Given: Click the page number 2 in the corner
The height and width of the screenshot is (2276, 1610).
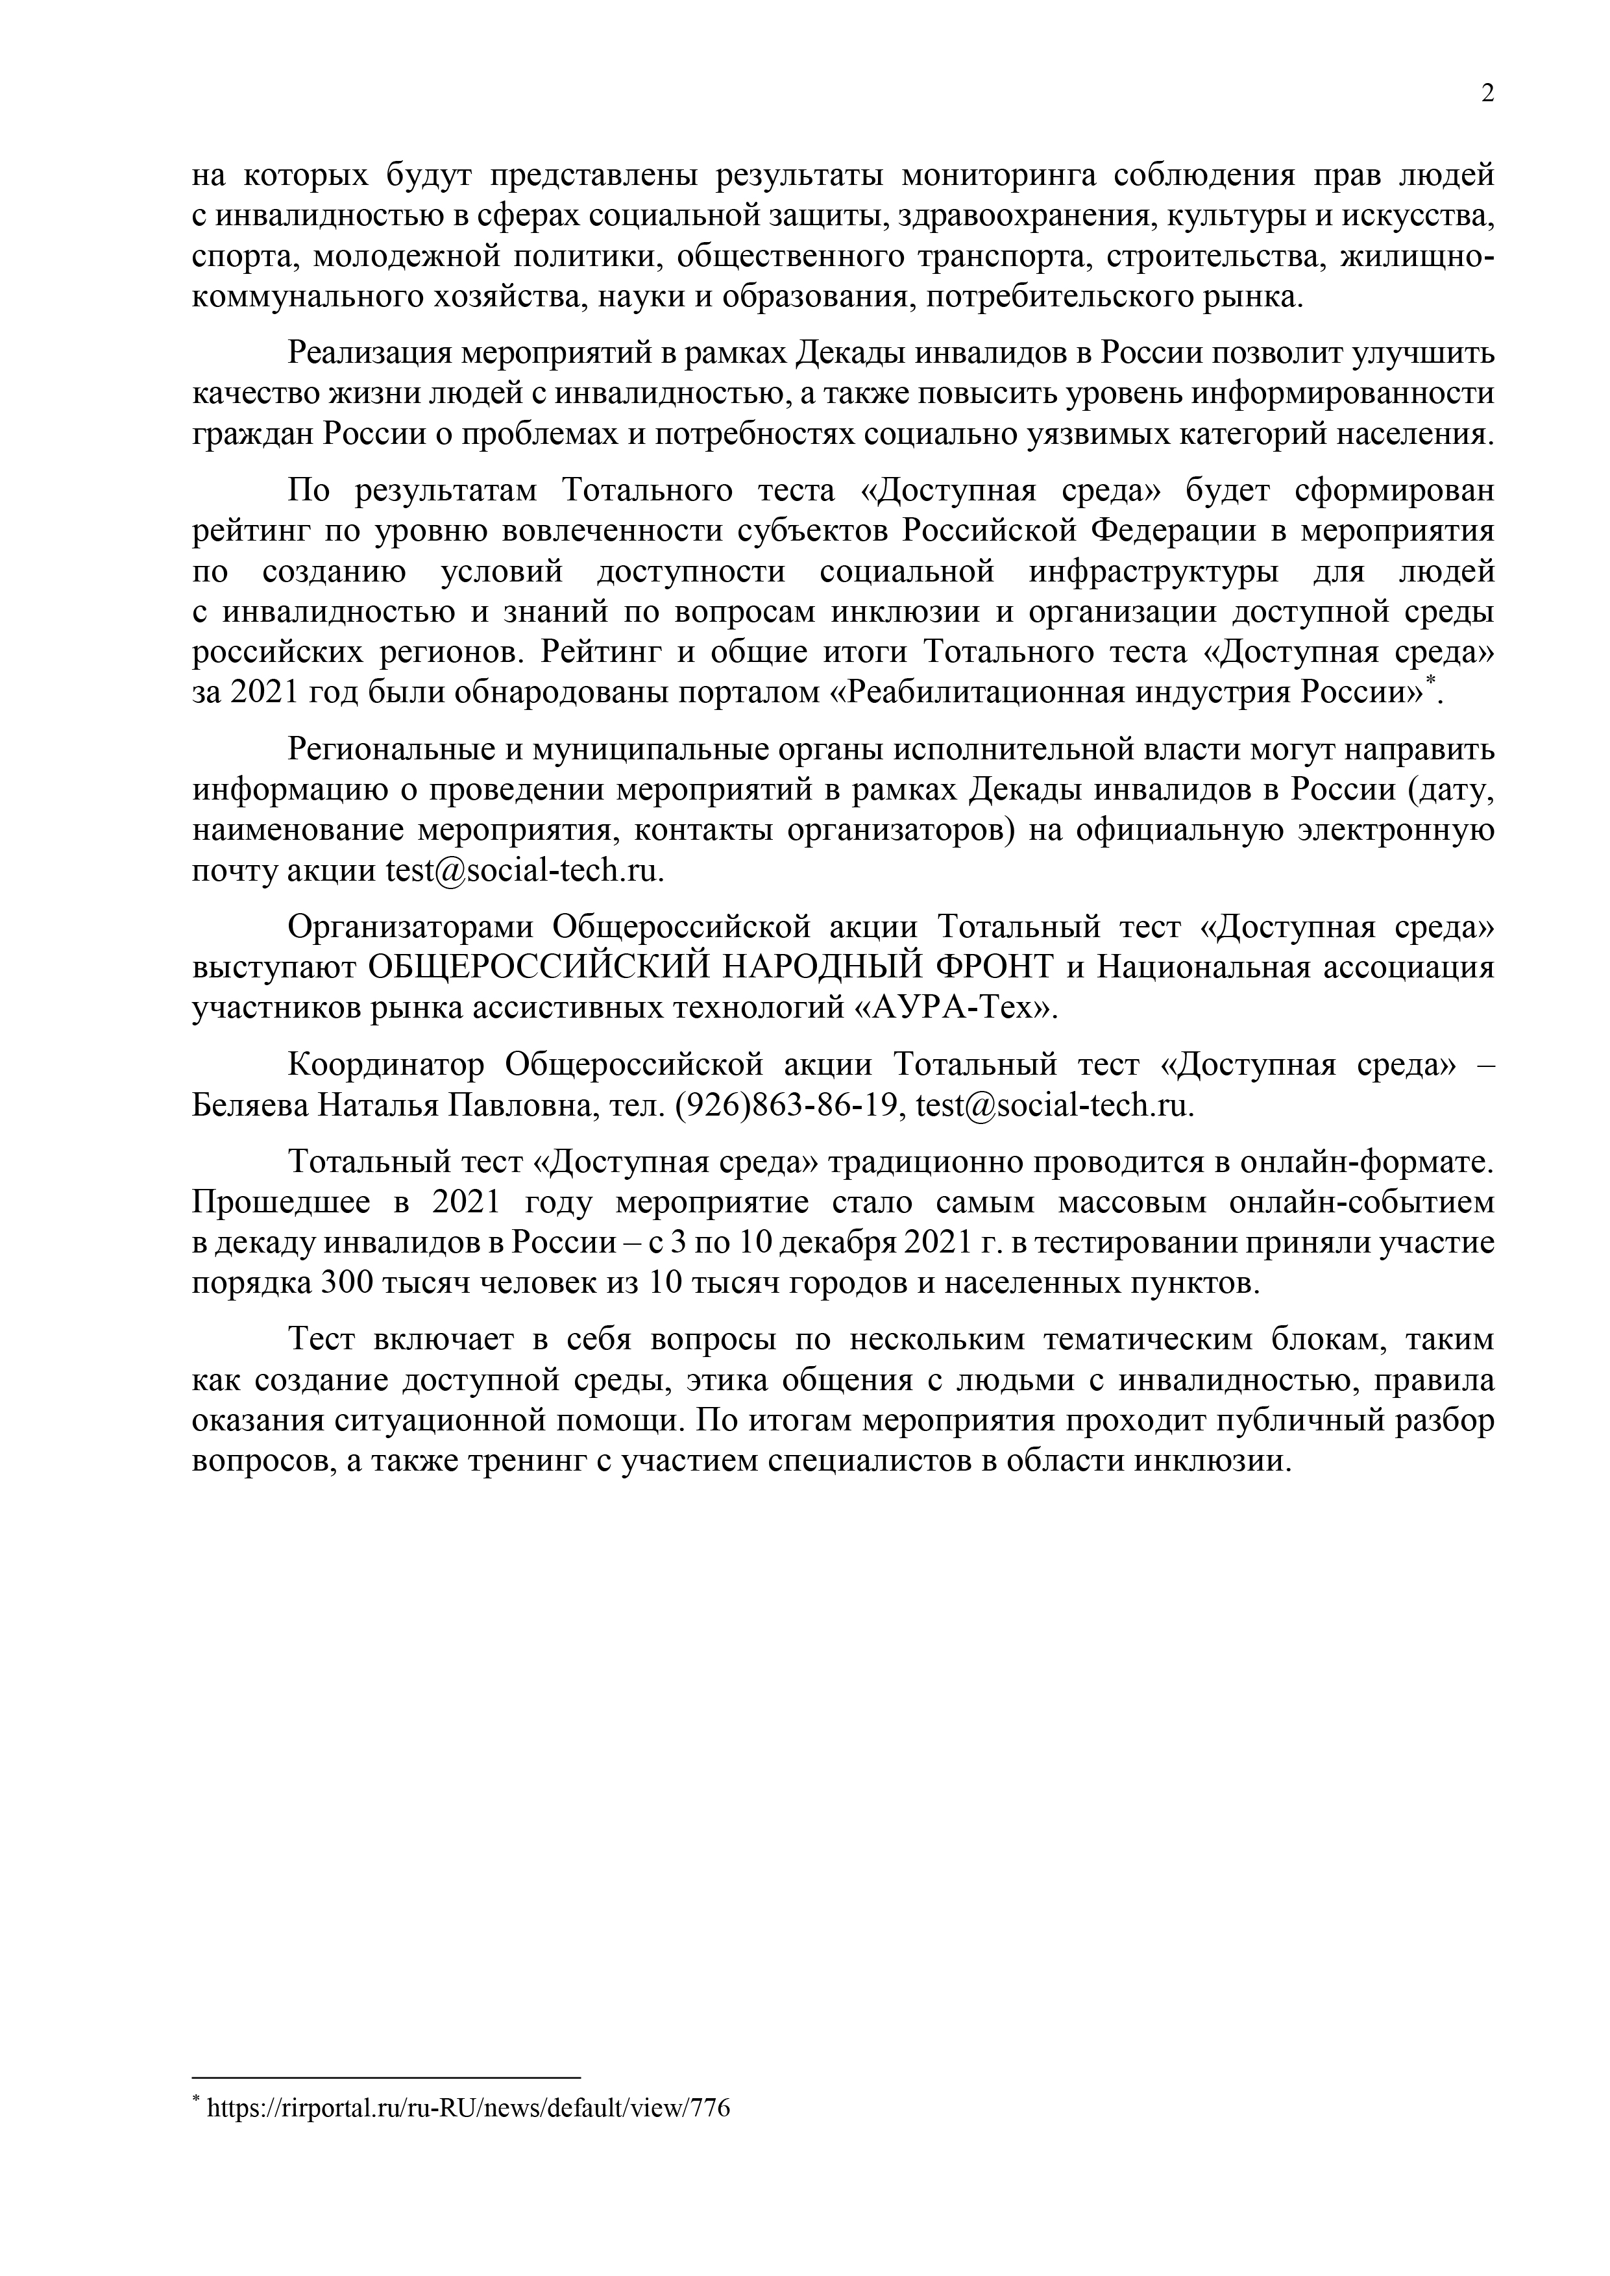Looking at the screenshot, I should click(x=1487, y=94).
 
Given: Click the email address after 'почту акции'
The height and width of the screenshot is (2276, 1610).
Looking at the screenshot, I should click(x=522, y=872).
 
